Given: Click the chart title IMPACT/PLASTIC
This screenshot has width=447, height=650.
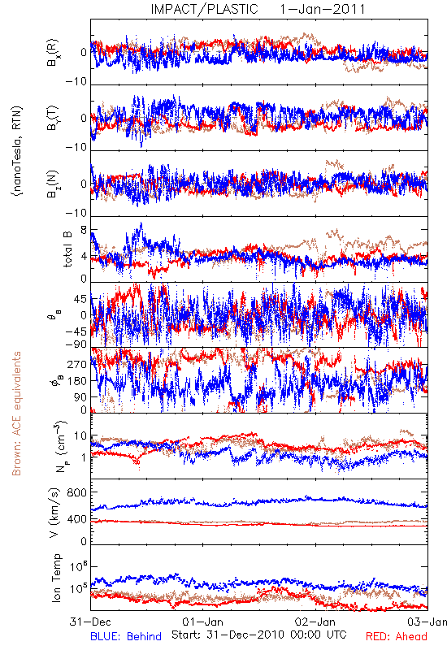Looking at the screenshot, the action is click(x=205, y=9).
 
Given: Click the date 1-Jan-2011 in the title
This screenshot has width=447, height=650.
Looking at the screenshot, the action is click(x=323, y=9).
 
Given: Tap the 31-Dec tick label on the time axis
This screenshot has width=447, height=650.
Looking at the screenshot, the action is click(x=90, y=622).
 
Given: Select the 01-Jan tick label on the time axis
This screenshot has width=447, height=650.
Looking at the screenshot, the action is click(x=202, y=622).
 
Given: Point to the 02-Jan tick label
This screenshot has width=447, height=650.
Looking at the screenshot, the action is click(x=315, y=622).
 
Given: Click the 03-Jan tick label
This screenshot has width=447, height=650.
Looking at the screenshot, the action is click(x=427, y=622).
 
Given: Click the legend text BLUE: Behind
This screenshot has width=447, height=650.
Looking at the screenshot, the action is click(x=126, y=637).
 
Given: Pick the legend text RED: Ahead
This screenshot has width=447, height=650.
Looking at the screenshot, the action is click(x=397, y=637).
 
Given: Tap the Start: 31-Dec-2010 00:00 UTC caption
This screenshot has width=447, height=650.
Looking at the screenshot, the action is click(x=259, y=635).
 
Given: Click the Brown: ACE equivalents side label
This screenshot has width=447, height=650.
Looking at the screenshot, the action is click(x=16, y=414).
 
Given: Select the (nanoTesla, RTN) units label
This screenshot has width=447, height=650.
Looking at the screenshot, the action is click(x=17, y=151).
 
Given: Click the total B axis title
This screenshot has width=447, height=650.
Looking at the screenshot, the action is click(x=67, y=249).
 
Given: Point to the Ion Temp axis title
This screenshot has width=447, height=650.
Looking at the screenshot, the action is click(x=57, y=578).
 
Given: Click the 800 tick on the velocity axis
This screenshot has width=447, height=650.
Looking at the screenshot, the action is click(x=77, y=492).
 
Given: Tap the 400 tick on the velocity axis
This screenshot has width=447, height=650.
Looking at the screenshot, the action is click(x=77, y=519).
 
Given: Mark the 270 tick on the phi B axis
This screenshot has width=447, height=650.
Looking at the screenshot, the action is click(x=77, y=364).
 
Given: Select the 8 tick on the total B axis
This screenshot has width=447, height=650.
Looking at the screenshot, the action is click(x=84, y=230).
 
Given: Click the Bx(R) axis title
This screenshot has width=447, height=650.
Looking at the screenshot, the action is click(x=53, y=53).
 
